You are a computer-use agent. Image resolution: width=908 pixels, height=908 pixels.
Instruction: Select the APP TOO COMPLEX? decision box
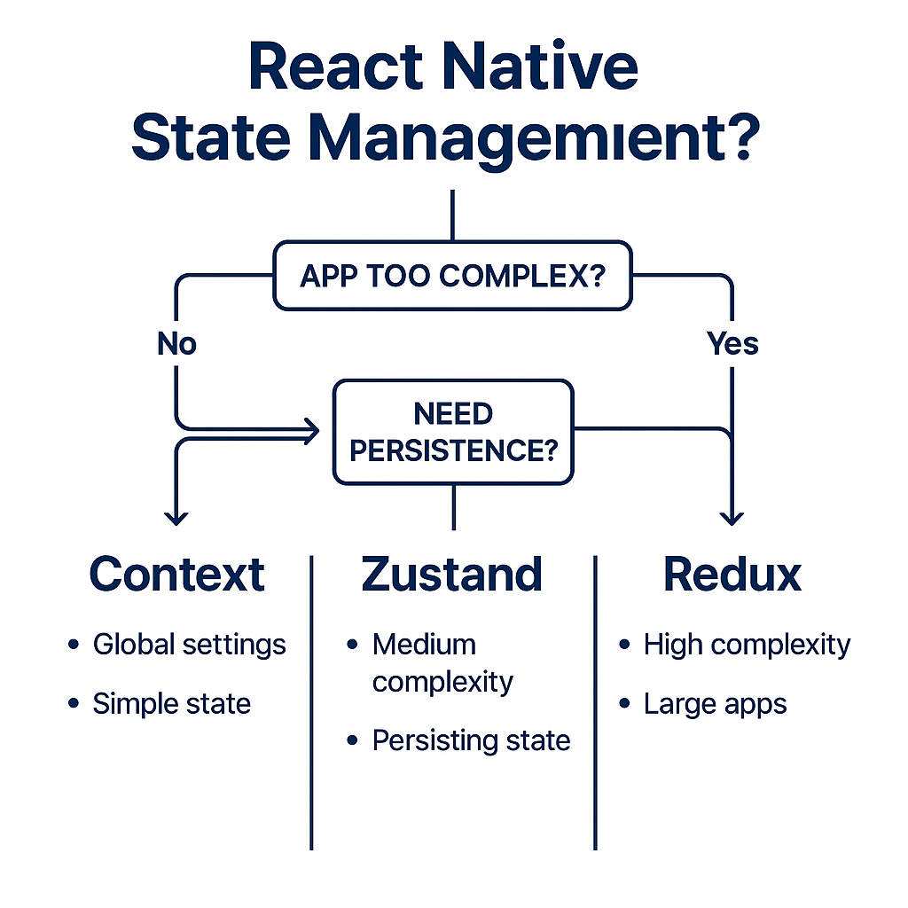point(452,276)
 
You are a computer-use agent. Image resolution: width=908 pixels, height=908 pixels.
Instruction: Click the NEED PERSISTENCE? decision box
point(452,432)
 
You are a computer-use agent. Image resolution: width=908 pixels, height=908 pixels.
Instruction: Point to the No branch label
point(176,343)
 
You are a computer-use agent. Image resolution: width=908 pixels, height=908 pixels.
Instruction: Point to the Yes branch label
point(732,343)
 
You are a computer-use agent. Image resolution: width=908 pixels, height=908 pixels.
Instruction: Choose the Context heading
point(177,575)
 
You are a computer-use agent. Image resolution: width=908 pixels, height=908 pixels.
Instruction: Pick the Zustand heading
point(452,575)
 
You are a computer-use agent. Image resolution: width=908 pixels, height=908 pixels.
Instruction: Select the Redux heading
point(732,575)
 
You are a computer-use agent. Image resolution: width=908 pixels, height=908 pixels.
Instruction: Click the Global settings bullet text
point(189,645)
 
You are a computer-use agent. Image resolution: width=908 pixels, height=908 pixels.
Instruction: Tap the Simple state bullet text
point(171,704)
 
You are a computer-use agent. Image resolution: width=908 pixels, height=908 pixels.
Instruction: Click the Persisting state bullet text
point(471,740)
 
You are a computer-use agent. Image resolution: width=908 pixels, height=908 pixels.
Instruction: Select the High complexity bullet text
point(747,645)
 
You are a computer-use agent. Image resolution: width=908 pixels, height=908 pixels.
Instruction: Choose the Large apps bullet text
point(715,705)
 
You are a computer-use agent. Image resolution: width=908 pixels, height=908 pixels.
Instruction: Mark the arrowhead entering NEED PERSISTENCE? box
point(310,432)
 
